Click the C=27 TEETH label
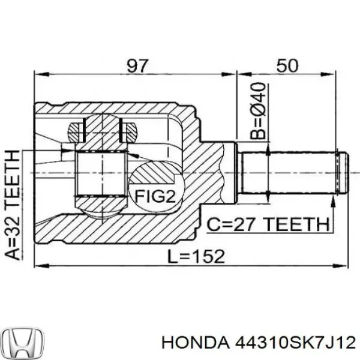click(x=269, y=224)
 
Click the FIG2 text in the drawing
click(x=154, y=196)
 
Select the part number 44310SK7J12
click(x=293, y=343)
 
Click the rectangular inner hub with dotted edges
click(x=100, y=174)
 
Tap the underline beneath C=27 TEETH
click(x=269, y=233)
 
